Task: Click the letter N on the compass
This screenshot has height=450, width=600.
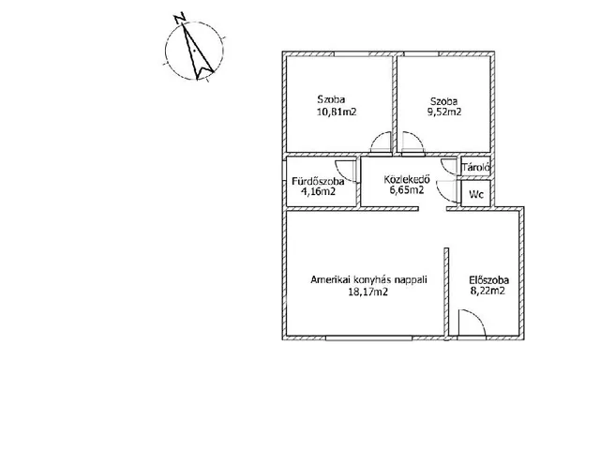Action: [x=179, y=18]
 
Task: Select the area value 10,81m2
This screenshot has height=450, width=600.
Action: [x=337, y=112]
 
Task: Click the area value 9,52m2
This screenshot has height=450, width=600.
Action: [x=443, y=112]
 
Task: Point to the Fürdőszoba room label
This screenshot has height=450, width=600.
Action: [x=318, y=181]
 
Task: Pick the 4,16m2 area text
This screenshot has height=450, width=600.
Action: [x=319, y=191]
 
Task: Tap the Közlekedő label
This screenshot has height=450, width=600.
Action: [x=407, y=179]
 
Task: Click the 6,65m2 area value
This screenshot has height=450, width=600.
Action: [x=407, y=189]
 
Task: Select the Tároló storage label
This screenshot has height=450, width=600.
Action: [x=476, y=167]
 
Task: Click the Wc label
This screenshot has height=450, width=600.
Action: [x=476, y=194]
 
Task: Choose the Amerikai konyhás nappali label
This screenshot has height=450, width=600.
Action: [x=368, y=279]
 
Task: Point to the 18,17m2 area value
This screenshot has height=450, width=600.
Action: [x=367, y=292]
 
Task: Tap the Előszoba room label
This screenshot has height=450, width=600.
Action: [x=489, y=279]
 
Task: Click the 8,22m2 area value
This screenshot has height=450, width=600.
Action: [x=487, y=291]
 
